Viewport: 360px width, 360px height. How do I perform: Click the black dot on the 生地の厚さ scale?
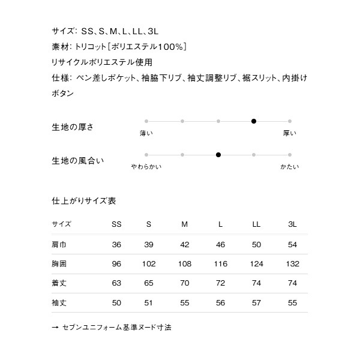pyautogui.click(x=254, y=121)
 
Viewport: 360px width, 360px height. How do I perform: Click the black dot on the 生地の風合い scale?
pyautogui.click(x=218, y=155)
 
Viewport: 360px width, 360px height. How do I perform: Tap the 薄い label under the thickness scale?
pyautogui.click(x=146, y=133)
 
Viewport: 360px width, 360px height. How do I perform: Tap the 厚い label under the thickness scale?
pyautogui.click(x=289, y=133)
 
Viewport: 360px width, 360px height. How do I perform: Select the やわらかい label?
pyautogui.click(x=146, y=166)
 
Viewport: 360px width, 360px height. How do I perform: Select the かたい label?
pyautogui.click(x=289, y=166)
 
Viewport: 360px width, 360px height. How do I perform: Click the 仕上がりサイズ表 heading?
pyautogui.click(x=84, y=201)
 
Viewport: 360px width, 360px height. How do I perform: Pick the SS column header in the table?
pyautogui.click(x=116, y=224)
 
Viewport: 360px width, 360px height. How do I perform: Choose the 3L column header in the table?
pyautogui.click(x=292, y=224)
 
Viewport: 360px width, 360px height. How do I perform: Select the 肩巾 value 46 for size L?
pyautogui.click(x=220, y=245)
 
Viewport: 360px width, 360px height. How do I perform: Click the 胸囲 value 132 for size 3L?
pyautogui.click(x=292, y=264)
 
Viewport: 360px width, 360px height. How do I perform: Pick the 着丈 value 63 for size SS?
pyautogui.click(x=116, y=283)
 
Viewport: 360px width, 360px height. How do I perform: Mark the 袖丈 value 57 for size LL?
pyautogui.click(x=256, y=302)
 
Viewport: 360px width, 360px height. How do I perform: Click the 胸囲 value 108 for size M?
pyautogui.click(x=185, y=264)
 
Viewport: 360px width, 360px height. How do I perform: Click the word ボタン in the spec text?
pyautogui.click(x=63, y=94)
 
